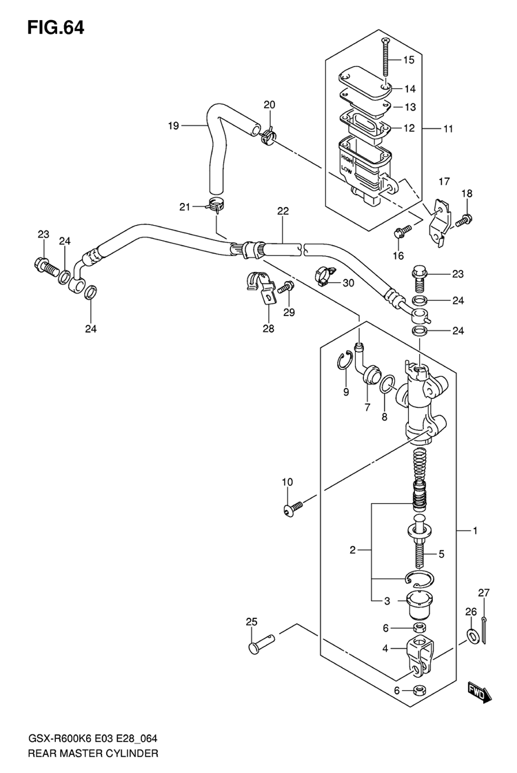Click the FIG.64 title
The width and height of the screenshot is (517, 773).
tap(56, 28)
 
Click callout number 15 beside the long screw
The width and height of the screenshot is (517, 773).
tap(409, 60)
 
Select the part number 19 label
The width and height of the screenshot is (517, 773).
tap(173, 126)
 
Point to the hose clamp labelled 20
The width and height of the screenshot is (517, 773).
tap(268, 135)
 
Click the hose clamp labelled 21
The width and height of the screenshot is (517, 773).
tap(214, 204)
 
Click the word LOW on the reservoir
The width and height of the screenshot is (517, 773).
tap(347, 170)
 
